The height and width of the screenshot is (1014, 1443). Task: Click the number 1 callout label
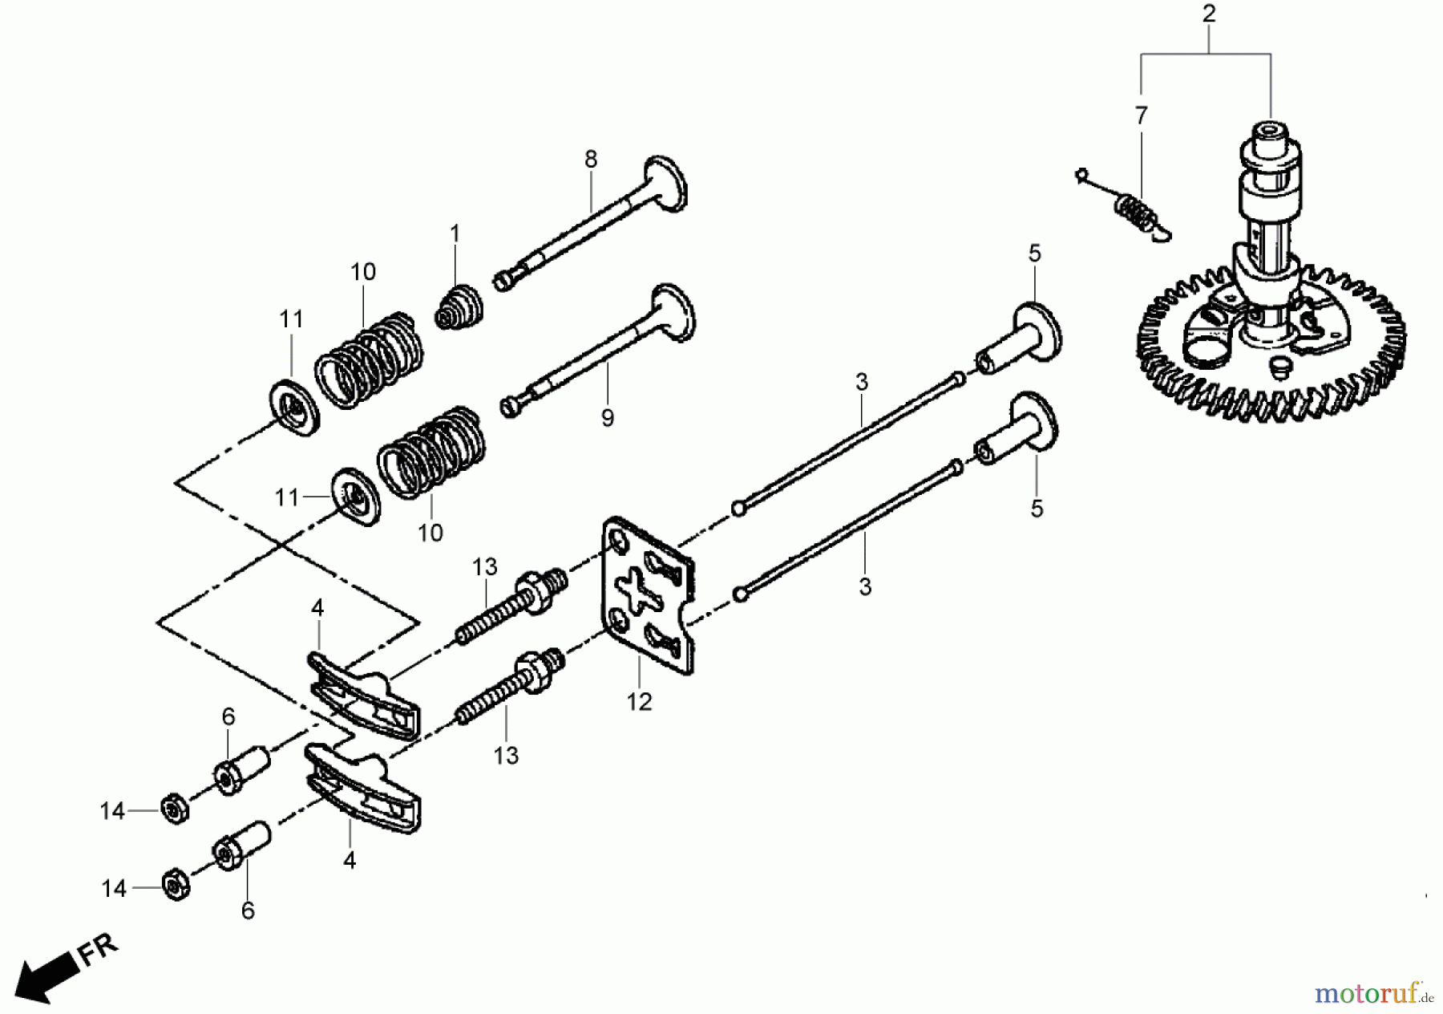pyautogui.click(x=455, y=233)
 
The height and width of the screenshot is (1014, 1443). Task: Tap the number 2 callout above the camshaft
pyautogui.click(x=1209, y=14)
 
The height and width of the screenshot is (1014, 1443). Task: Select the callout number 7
pyautogui.click(x=1142, y=116)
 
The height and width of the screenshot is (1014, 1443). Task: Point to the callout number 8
pyautogui.click(x=591, y=160)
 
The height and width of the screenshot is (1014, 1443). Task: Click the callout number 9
pyautogui.click(x=608, y=417)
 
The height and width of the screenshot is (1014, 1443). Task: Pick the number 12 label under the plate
pyautogui.click(x=639, y=702)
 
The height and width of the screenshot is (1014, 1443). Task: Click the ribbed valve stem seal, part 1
pyautogui.click(x=459, y=306)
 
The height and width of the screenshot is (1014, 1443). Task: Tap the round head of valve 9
pyautogui.click(x=673, y=312)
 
